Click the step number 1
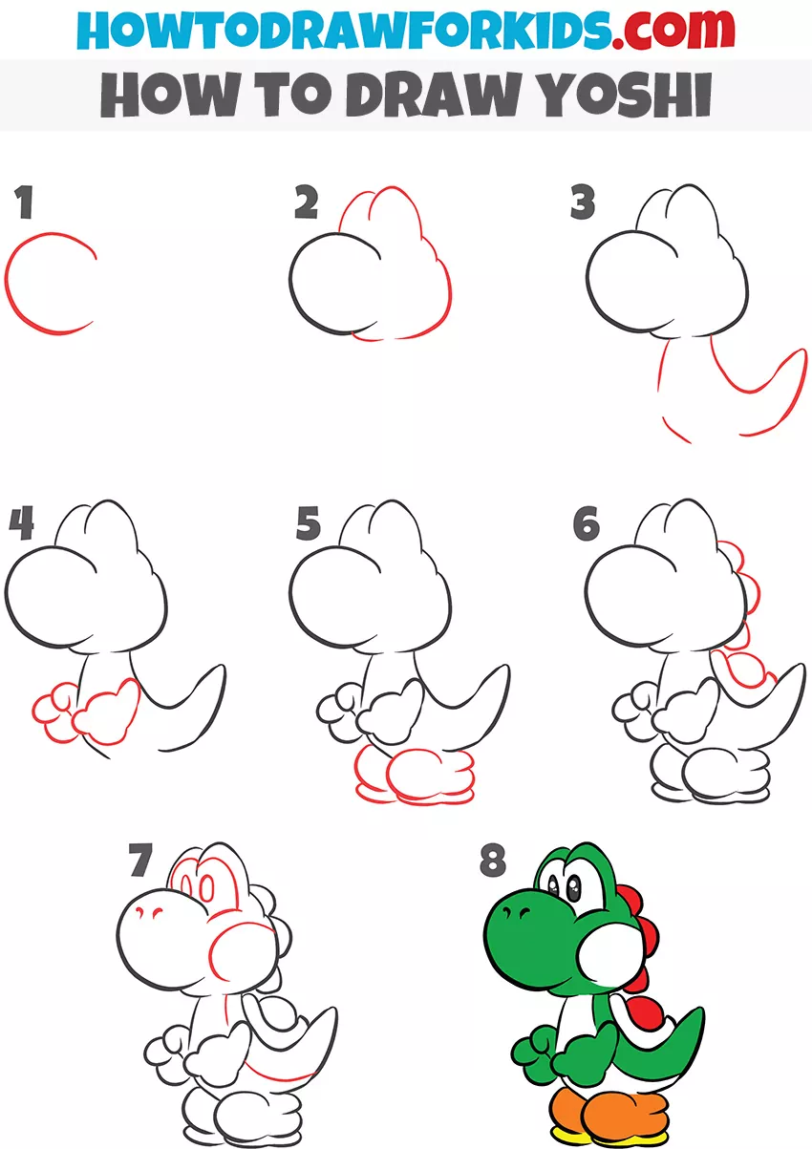coord(24,202)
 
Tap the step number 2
coord(307,202)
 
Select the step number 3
coord(583,202)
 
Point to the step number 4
coord(22,522)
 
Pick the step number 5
coord(308,522)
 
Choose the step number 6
coord(587,522)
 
